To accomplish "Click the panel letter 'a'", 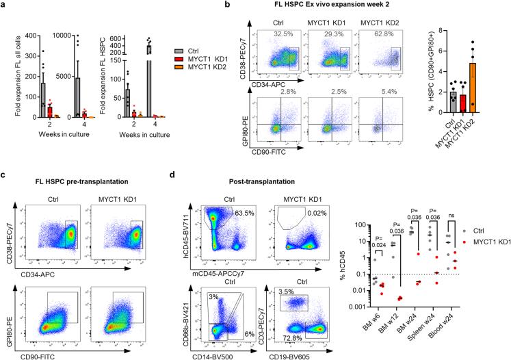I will point(5,5).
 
